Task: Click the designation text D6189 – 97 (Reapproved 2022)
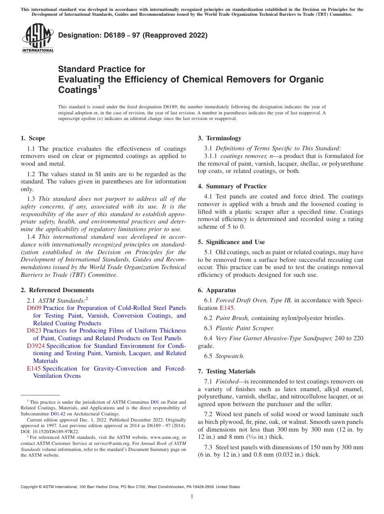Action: tap(133, 35)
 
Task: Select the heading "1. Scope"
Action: tap(33, 138)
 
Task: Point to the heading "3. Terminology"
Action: tap(219, 138)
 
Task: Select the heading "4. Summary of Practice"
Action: tap(232, 186)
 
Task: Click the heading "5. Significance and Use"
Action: tap(231, 242)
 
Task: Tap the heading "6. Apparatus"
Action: tap(217, 290)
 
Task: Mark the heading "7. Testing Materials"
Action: tap(227, 371)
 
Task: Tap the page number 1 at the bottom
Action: tap(192, 497)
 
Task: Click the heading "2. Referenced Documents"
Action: tap(57, 290)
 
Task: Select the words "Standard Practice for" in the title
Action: tap(101, 69)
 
